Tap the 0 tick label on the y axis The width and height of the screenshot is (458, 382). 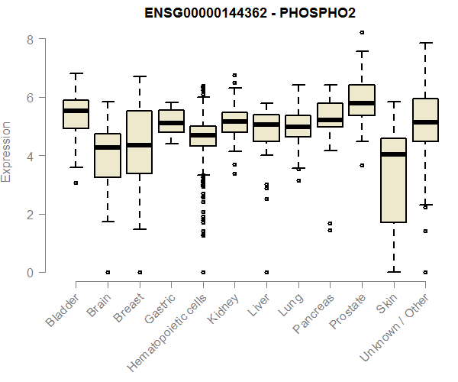pos(31,273)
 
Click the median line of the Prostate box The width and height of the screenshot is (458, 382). pos(362,102)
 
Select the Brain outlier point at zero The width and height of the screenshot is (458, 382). pos(108,272)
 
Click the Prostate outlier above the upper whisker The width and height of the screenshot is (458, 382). pos(362,32)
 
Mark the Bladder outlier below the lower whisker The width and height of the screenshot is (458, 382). pos(76,183)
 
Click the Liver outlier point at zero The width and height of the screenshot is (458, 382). pos(266,272)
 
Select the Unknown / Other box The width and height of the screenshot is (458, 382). pos(425,120)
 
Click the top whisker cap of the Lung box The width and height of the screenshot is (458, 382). pos(298,85)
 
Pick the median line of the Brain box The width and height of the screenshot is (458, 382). pos(108,147)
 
